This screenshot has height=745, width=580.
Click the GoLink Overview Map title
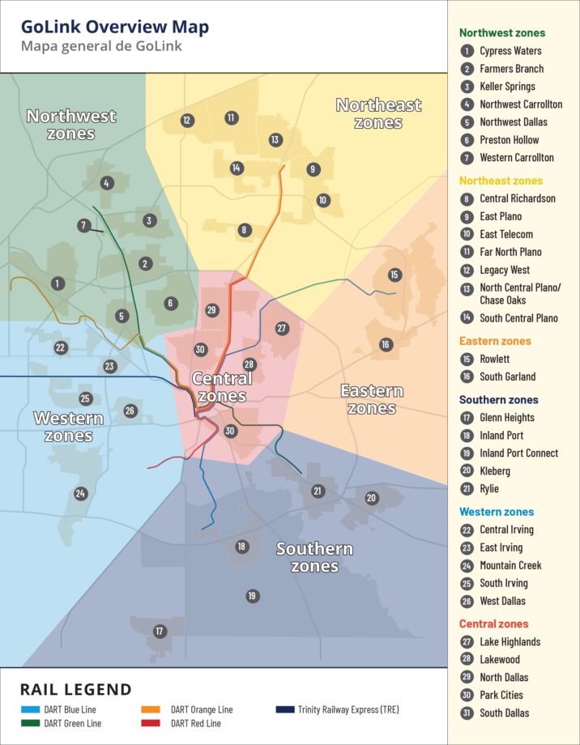[x=115, y=27]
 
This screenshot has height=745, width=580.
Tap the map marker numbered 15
[x=394, y=275]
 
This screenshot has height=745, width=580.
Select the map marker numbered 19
[x=252, y=596]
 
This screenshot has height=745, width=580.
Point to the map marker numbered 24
[x=80, y=493]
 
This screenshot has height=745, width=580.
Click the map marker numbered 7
[x=84, y=226]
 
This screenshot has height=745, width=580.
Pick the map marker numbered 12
[x=187, y=121]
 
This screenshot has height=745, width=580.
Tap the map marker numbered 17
[x=160, y=631]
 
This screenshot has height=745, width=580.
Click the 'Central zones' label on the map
[x=221, y=387]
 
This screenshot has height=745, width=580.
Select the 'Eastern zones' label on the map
[x=372, y=399]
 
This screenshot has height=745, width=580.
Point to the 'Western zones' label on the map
[x=68, y=427]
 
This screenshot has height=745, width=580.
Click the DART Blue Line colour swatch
[x=31, y=709]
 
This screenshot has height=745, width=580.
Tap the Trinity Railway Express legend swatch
[x=284, y=709]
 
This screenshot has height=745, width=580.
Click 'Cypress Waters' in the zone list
[x=510, y=51]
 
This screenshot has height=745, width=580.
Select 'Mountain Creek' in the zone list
[x=510, y=565]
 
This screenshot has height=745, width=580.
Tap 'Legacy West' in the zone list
[x=505, y=270]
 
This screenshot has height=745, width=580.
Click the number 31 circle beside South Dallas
[x=467, y=713]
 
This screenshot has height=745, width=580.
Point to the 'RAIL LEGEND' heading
[x=75, y=690]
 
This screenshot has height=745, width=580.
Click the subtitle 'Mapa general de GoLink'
[x=101, y=46]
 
